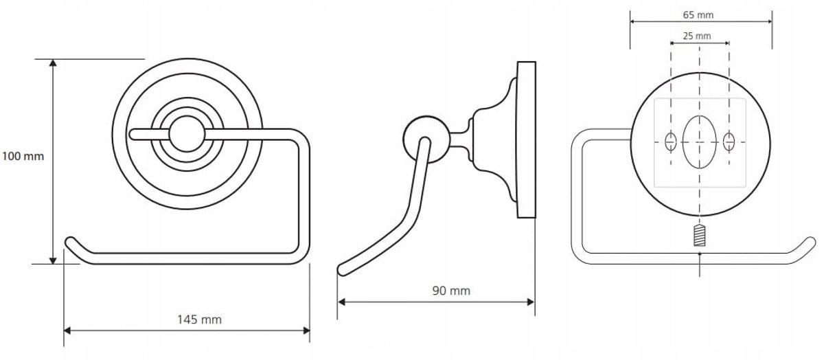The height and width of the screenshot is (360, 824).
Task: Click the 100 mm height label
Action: click(x=23, y=157)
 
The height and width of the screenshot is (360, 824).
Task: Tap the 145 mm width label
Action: click(x=199, y=319)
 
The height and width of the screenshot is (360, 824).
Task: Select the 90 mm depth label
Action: click(x=451, y=291)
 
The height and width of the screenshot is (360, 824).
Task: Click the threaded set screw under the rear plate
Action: click(x=699, y=236)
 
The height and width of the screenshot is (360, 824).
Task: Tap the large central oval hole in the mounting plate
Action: click(x=699, y=142)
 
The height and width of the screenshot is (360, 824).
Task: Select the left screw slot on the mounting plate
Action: click(x=671, y=142)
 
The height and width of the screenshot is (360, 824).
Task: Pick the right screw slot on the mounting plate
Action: click(x=729, y=142)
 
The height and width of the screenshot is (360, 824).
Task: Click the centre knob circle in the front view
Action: click(x=187, y=135)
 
